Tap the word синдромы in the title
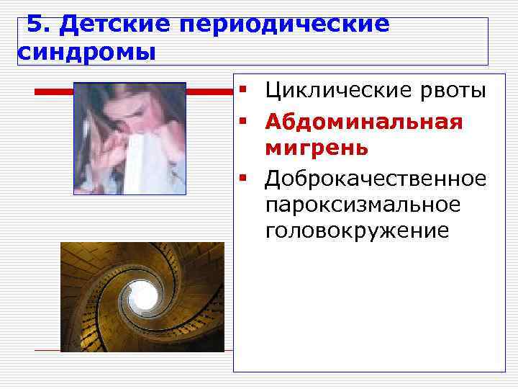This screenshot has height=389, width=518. [x=85, y=53]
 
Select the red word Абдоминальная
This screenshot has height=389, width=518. [x=363, y=120]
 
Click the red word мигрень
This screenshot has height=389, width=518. [x=317, y=148]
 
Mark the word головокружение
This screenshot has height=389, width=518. [x=357, y=231]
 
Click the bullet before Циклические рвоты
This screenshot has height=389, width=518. [x=245, y=91]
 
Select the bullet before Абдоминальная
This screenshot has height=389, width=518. [x=245, y=120]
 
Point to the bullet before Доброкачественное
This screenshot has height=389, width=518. [x=245, y=176]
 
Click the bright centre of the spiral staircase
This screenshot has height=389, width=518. [x=142, y=296]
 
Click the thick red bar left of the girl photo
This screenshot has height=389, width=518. [x=54, y=91]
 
